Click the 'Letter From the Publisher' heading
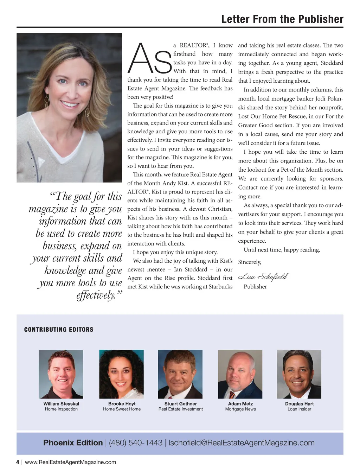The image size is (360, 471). click(282, 19)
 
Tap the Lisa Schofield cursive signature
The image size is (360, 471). click(263, 277)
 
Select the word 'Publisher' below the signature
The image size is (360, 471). click(255, 287)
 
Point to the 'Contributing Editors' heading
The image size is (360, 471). click(59, 330)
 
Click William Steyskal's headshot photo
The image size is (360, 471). click(61, 374)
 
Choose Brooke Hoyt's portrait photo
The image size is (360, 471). click(121, 374)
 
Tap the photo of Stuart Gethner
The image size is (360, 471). click(180, 374)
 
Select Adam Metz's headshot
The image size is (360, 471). click(240, 374)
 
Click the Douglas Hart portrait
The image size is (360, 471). click(299, 374)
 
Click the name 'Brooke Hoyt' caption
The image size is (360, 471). click(122, 404)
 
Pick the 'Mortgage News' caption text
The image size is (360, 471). click(240, 409)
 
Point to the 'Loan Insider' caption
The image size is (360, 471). click(299, 409)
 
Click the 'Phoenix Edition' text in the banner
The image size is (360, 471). click(73, 443)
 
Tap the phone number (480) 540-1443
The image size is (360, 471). click(136, 443)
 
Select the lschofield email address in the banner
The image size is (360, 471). click(242, 443)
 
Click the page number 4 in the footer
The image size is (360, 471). click(18, 462)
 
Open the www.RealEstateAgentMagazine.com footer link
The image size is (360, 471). click(70, 462)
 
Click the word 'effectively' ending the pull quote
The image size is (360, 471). click(96, 295)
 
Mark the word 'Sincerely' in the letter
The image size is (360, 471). click(249, 262)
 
